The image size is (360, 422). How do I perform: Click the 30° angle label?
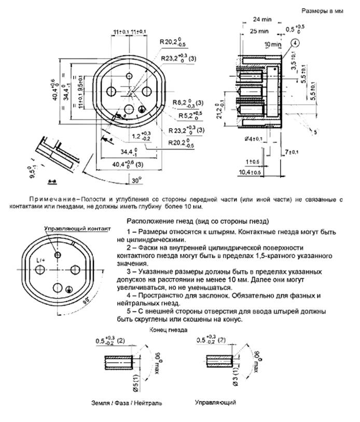point(136,181)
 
